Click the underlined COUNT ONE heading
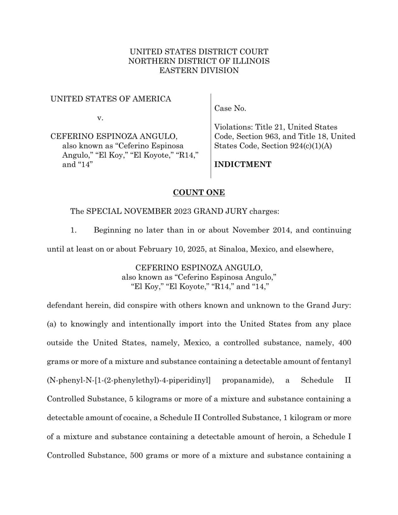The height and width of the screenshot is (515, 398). [x=199, y=193]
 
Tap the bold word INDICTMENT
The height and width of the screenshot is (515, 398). [x=243, y=165]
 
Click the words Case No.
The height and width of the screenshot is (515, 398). [x=230, y=109]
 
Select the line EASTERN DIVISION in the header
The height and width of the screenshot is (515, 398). [x=199, y=70]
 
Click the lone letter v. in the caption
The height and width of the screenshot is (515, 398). [x=100, y=118]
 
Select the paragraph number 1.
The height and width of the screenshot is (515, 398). [x=73, y=230]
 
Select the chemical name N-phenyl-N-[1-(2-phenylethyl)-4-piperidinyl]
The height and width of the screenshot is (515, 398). [x=128, y=380]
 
